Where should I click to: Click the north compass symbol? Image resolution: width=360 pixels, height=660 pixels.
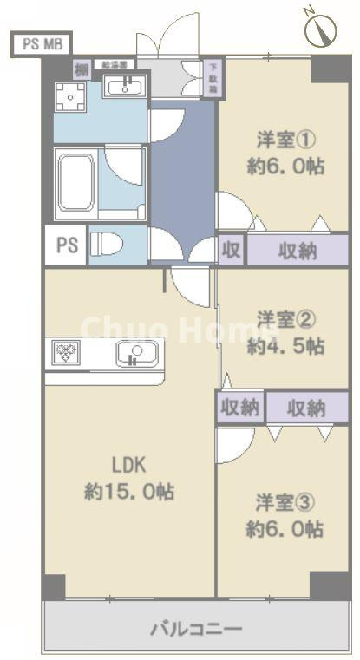[x=322, y=30]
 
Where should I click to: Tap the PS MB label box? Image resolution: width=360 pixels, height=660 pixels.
[x=42, y=44]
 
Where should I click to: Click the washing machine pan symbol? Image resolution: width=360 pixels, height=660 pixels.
[x=69, y=98]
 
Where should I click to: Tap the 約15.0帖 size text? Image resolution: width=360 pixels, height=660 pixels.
[x=128, y=492]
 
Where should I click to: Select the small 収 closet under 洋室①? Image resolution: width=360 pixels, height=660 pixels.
[x=231, y=251]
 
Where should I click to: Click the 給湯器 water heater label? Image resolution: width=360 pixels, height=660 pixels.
[x=115, y=64]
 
